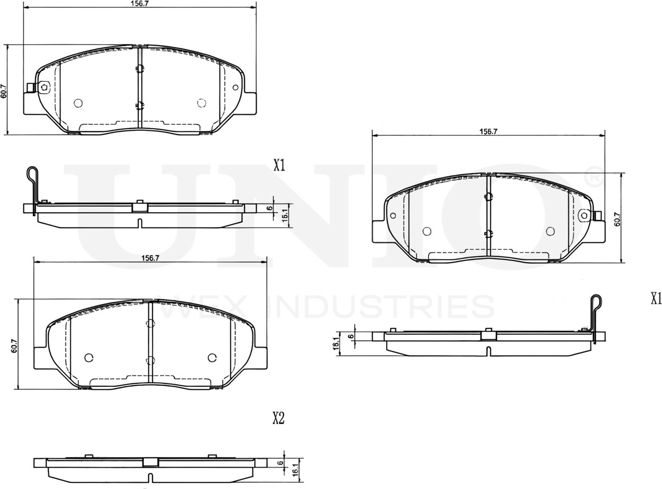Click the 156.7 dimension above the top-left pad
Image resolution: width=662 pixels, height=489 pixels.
140,3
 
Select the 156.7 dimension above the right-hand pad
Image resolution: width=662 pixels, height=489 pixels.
488,131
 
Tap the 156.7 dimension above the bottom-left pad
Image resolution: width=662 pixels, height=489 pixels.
150,258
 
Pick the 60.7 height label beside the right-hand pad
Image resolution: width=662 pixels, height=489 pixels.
617,218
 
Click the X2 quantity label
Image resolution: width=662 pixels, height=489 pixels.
278,418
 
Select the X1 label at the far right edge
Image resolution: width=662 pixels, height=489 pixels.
656,299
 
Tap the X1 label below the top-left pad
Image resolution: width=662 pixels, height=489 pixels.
279,165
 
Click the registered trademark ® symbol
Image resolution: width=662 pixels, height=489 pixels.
593,175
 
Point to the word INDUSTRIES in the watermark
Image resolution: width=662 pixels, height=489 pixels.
381,307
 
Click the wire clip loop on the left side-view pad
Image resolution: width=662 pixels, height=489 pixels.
33,174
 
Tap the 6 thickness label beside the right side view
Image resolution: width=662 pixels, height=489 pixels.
351,336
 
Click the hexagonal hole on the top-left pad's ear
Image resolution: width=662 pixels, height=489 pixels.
44,87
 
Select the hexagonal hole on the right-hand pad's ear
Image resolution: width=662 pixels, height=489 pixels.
584,215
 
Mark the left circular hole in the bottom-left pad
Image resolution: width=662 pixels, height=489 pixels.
89,357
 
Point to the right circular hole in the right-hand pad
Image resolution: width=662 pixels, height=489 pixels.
550,231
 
